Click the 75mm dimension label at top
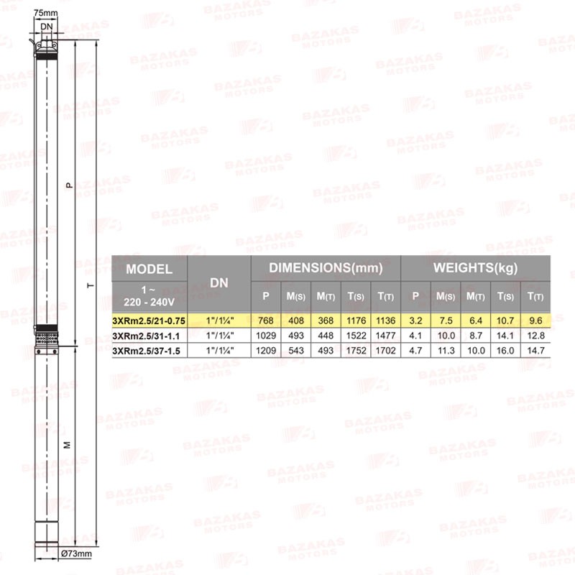[45, 13]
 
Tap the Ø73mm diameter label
[76, 553]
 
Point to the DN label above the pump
[47, 27]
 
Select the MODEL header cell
[149, 269]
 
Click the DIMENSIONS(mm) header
[326, 267]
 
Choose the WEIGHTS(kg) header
[475, 267]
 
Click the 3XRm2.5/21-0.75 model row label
[149, 321]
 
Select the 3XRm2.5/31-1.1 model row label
[146, 336]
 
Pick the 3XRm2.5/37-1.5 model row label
[146, 351]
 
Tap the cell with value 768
[265, 321]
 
